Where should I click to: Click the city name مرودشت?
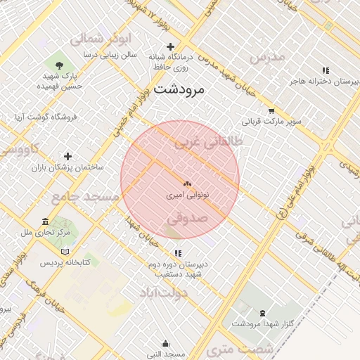point(179,89)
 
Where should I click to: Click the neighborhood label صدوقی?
point(188,219)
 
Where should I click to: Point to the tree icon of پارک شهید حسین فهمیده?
point(58,65)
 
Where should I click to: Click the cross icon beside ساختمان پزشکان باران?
point(67,156)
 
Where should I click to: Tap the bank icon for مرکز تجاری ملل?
point(46,221)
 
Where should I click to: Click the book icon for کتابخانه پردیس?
point(65,252)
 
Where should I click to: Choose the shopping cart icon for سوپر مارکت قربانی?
point(271,111)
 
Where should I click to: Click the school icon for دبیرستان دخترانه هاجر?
point(325,70)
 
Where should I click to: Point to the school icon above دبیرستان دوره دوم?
point(178,253)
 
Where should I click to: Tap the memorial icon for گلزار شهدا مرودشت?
point(263,312)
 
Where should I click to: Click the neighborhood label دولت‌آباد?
point(162,292)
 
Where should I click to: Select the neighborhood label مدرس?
point(266,57)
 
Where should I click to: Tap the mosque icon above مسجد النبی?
point(165,343)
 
